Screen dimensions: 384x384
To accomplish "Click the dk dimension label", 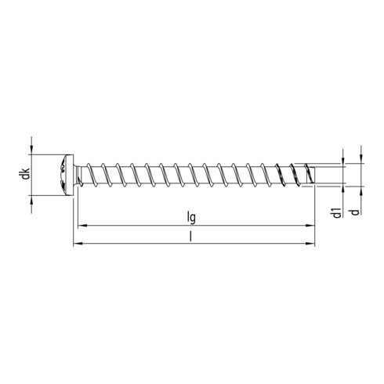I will pos(26,174).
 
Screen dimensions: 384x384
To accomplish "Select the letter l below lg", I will pos(191,237).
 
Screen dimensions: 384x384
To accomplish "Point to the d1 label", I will pos(335,212).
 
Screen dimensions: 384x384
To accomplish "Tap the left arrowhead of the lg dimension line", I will pos(80,226).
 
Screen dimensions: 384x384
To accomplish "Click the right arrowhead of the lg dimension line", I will pos(299,226).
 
